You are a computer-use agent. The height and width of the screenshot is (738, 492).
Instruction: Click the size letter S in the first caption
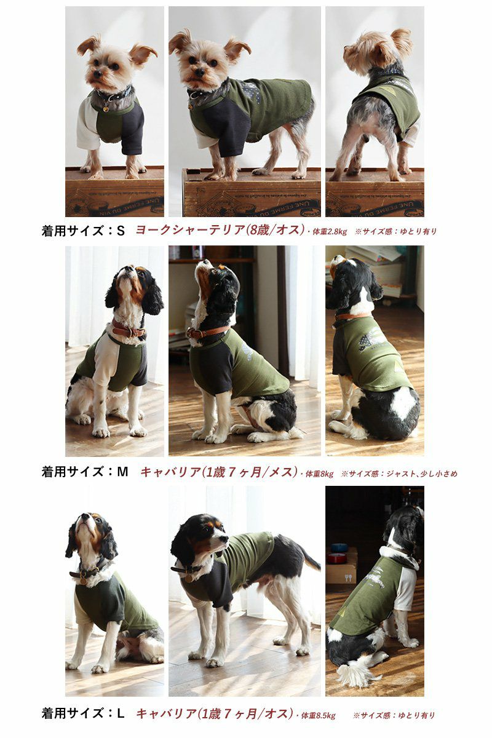pyautogui.click(x=121, y=231)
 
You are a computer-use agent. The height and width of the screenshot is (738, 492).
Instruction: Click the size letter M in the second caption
pyautogui.click(x=122, y=472)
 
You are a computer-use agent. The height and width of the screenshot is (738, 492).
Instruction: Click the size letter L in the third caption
pyautogui.click(x=121, y=713)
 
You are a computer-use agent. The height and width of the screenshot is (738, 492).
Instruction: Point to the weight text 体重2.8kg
pyautogui.click(x=328, y=232)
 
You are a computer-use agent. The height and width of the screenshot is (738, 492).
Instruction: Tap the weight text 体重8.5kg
pyautogui.click(x=318, y=715)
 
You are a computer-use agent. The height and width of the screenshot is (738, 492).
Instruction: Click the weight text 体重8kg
pyautogui.click(x=319, y=474)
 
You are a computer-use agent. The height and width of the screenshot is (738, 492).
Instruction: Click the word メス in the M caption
pyautogui.click(x=280, y=472)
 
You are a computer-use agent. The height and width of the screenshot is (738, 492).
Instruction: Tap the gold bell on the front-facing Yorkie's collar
pyautogui.click(x=105, y=109)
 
